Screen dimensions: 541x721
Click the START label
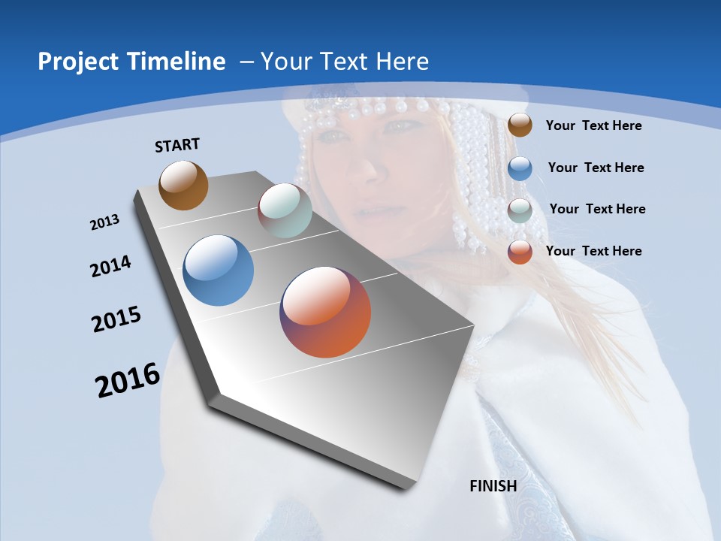pyautogui.click(x=177, y=145)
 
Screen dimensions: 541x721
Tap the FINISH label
pyautogui.click(x=493, y=486)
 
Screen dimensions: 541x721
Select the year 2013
pyautogui.click(x=104, y=222)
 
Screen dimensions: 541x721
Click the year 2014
pyautogui.click(x=111, y=266)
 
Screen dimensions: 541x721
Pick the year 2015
pyautogui.click(x=116, y=319)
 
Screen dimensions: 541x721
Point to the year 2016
pyautogui.click(x=128, y=380)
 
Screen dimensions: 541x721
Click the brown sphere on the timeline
pyautogui.click(x=183, y=185)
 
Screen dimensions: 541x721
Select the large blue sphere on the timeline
pyautogui.click(x=219, y=270)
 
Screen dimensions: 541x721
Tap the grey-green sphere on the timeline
pyautogui.click(x=285, y=210)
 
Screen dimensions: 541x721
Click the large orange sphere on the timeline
pyautogui.click(x=325, y=312)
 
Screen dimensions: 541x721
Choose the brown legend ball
pyautogui.click(x=520, y=125)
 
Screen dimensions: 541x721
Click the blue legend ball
pyautogui.click(x=520, y=168)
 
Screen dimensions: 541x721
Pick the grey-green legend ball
pyautogui.click(x=520, y=210)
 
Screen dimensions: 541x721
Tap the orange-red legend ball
pyautogui.click(x=520, y=252)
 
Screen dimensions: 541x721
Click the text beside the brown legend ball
pyautogui.click(x=593, y=125)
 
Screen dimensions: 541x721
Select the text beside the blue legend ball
pyautogui.click(x=596, y=168)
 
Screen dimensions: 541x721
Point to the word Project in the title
pyautogui.click(x=78, y=62)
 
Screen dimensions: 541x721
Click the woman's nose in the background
pyautogui.click(x=367, y=171)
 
